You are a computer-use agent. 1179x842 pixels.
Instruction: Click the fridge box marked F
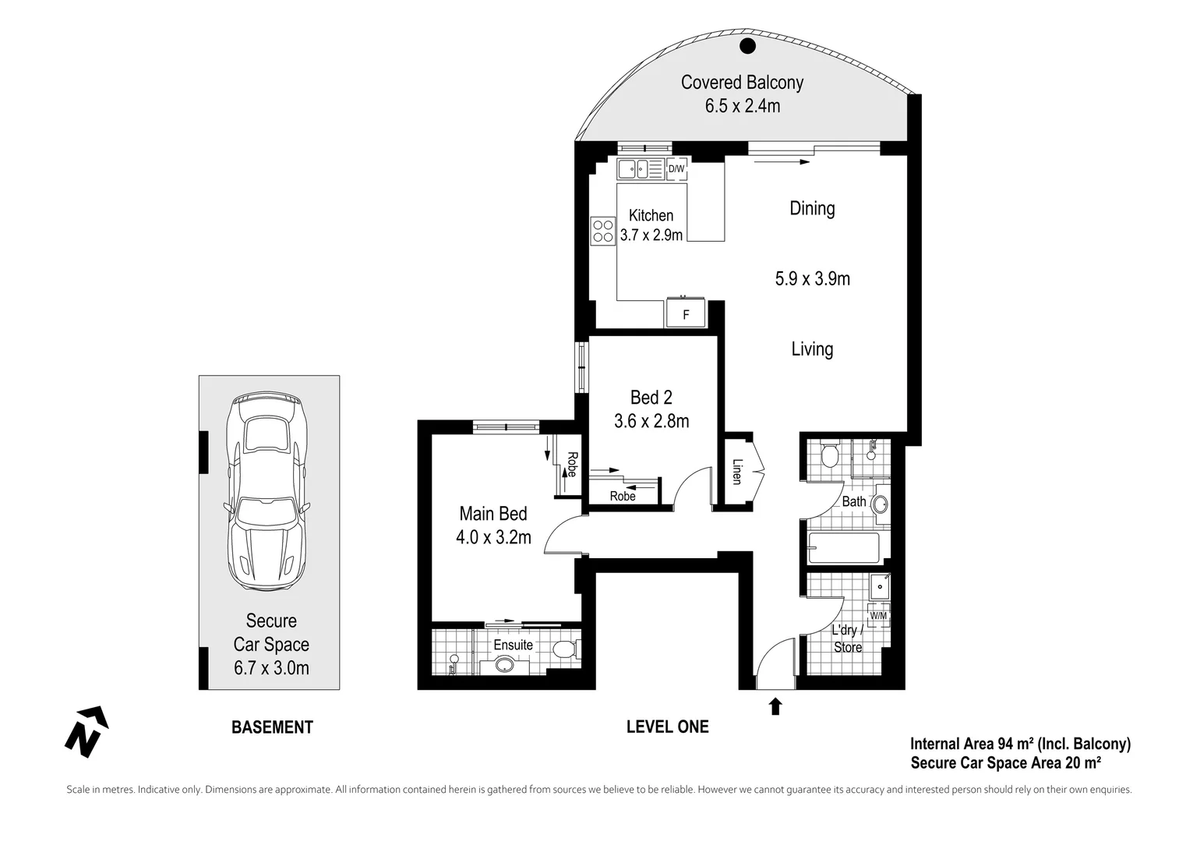click(686, 314)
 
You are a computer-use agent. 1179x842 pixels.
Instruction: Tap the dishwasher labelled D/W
click(676, 168)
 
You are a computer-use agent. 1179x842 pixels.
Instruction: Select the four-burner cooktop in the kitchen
click(603, 232)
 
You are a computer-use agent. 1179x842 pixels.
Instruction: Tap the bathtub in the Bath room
click(844, 547)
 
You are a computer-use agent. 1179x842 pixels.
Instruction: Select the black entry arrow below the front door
click(775, 706)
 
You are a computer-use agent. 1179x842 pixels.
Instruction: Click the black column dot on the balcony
click(747, 45)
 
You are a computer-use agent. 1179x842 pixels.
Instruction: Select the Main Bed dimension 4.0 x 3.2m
click(493, 537)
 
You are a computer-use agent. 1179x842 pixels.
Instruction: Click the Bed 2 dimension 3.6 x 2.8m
click(651, 421)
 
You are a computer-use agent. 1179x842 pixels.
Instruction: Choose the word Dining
click(812, 208)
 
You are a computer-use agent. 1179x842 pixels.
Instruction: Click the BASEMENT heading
click(272, 727)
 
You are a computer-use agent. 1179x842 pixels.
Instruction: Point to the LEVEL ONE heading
click(667, 727)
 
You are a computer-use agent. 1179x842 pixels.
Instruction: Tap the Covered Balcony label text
click(742, 83)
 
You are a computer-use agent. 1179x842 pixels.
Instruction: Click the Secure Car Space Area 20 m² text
click(1005, 762)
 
